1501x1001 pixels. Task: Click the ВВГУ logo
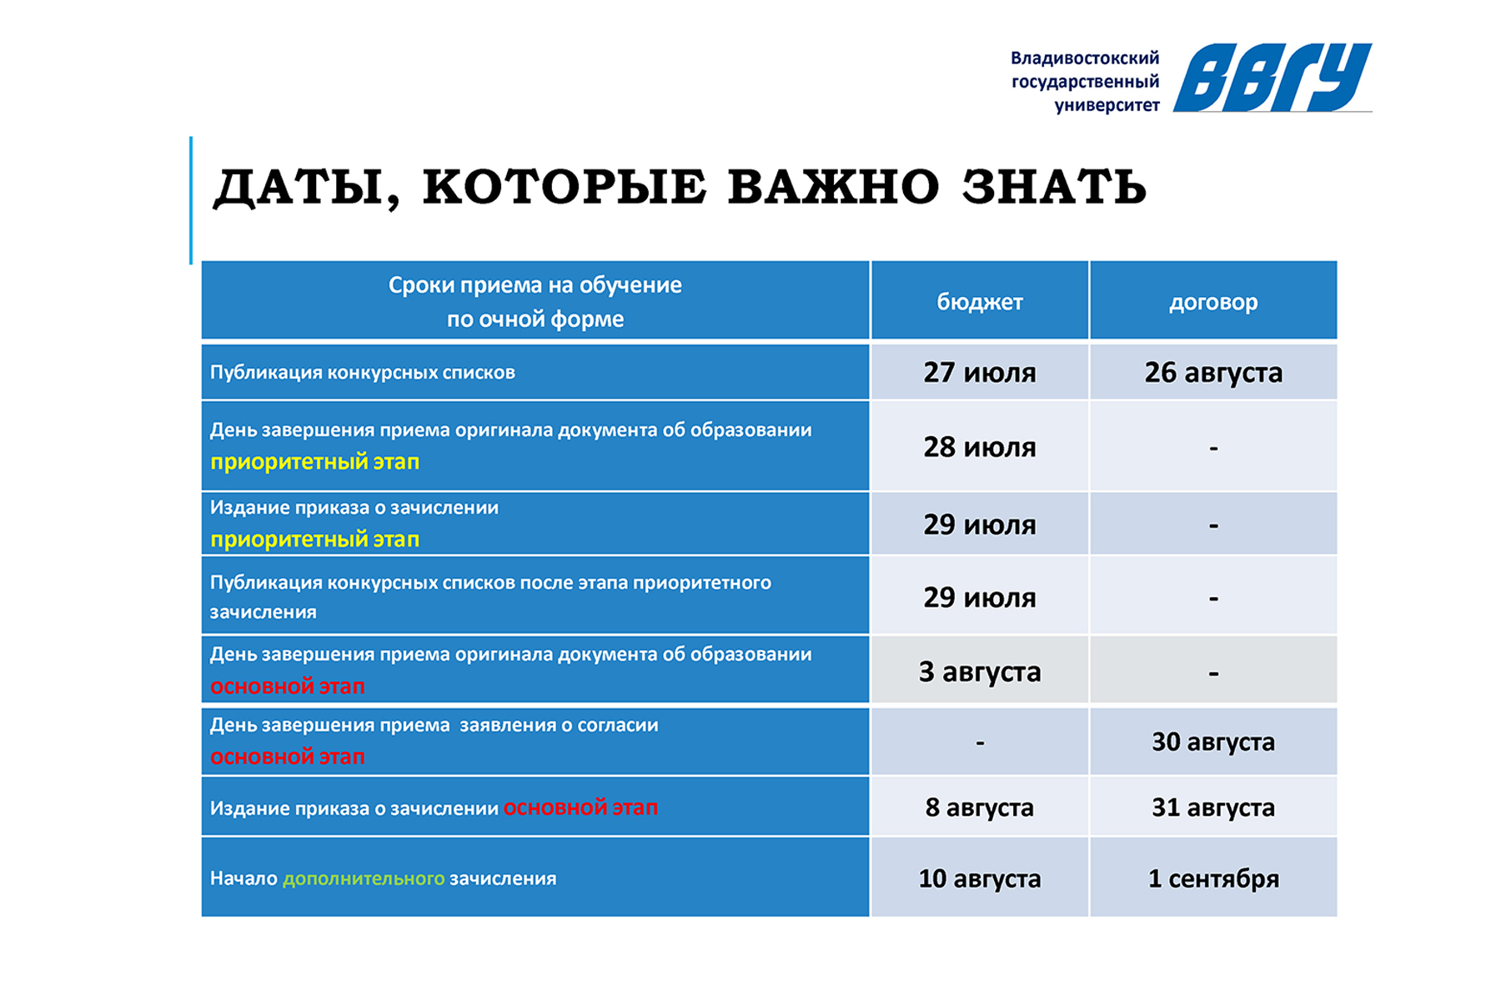tap(1273, 77)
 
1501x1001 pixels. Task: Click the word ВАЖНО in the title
tap(833, 186)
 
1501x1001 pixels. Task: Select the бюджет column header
tap(980, 302)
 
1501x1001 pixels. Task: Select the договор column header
tap(1213, 302)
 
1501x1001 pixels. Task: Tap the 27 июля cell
tap(980, 372)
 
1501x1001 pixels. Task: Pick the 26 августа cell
tap(1213, 372)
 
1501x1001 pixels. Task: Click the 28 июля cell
tap(980, 447)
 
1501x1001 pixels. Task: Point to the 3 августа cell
tap(980, 672)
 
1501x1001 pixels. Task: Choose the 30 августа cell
tap(1213, 742)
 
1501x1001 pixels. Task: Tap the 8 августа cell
tap(980, 807)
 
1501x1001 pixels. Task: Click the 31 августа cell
tap(1213, 807)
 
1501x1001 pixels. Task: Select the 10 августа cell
tap(980, 878)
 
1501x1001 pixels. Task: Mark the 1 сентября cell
tap(1213, 878)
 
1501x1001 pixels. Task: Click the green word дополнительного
tap(364, 878)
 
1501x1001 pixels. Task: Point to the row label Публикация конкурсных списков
tap(362, 372)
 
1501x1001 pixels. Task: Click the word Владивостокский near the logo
tap(1085, 58)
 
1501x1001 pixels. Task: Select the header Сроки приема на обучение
tap(535, 285)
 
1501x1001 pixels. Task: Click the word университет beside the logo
tap(1107, 106)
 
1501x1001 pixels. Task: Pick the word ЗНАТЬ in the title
tap(1054, 186)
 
